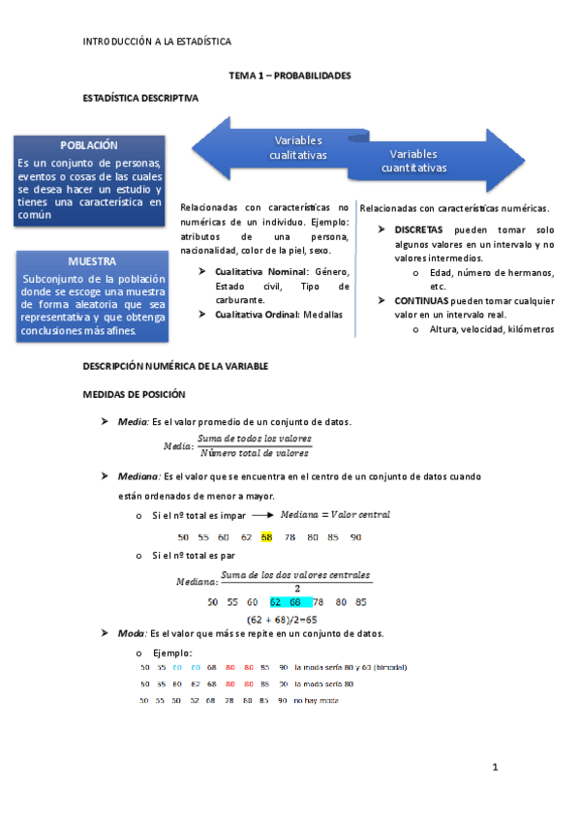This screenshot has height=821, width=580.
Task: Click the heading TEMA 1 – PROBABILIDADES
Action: [289, 75]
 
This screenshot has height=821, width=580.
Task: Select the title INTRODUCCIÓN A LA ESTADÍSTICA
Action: [157, 42]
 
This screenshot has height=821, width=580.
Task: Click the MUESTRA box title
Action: [93, 261]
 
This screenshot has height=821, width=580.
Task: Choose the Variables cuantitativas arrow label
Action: [413, 161]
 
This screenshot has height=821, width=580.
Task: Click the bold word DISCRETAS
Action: [417, 229]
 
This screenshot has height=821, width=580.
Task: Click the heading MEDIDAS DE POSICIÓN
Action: [141, 394]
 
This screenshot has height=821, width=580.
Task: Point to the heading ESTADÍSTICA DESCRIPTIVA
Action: [141, 99]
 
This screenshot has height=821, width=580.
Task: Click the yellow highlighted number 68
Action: [266, 536]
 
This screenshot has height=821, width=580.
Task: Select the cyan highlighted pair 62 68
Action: [290, 601]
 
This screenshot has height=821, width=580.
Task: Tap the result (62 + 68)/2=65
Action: [290, 618]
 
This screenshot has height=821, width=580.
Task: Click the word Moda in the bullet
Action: [131, 633]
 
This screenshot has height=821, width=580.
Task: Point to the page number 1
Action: [494, 768]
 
